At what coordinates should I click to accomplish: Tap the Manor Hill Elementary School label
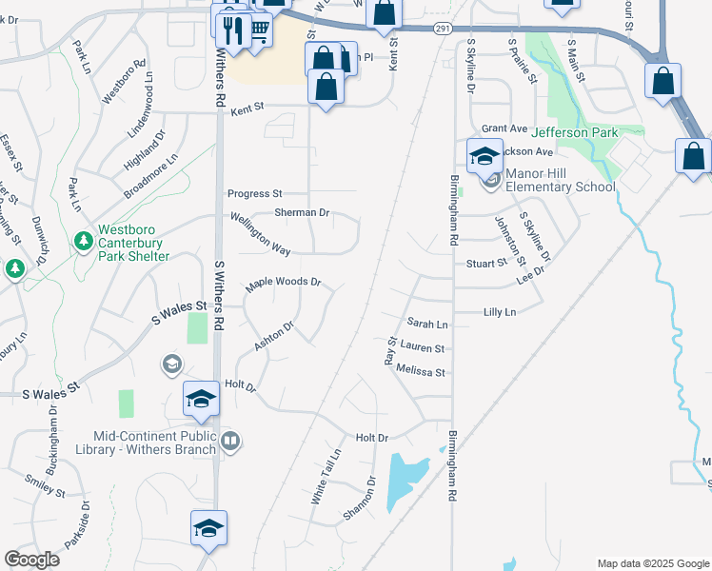point(560,180)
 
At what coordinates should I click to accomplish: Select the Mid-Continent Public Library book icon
point(230,442)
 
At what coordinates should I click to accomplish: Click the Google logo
point(31,559)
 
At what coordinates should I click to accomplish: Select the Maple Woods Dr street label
point(284,284)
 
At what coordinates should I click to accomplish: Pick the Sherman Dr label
point(302,213)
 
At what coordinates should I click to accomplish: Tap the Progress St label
point(254,193)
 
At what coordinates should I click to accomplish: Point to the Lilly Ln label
point(499,312)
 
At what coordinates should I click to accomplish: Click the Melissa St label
point(421,372)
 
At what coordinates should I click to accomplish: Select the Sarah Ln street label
point(426,325)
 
